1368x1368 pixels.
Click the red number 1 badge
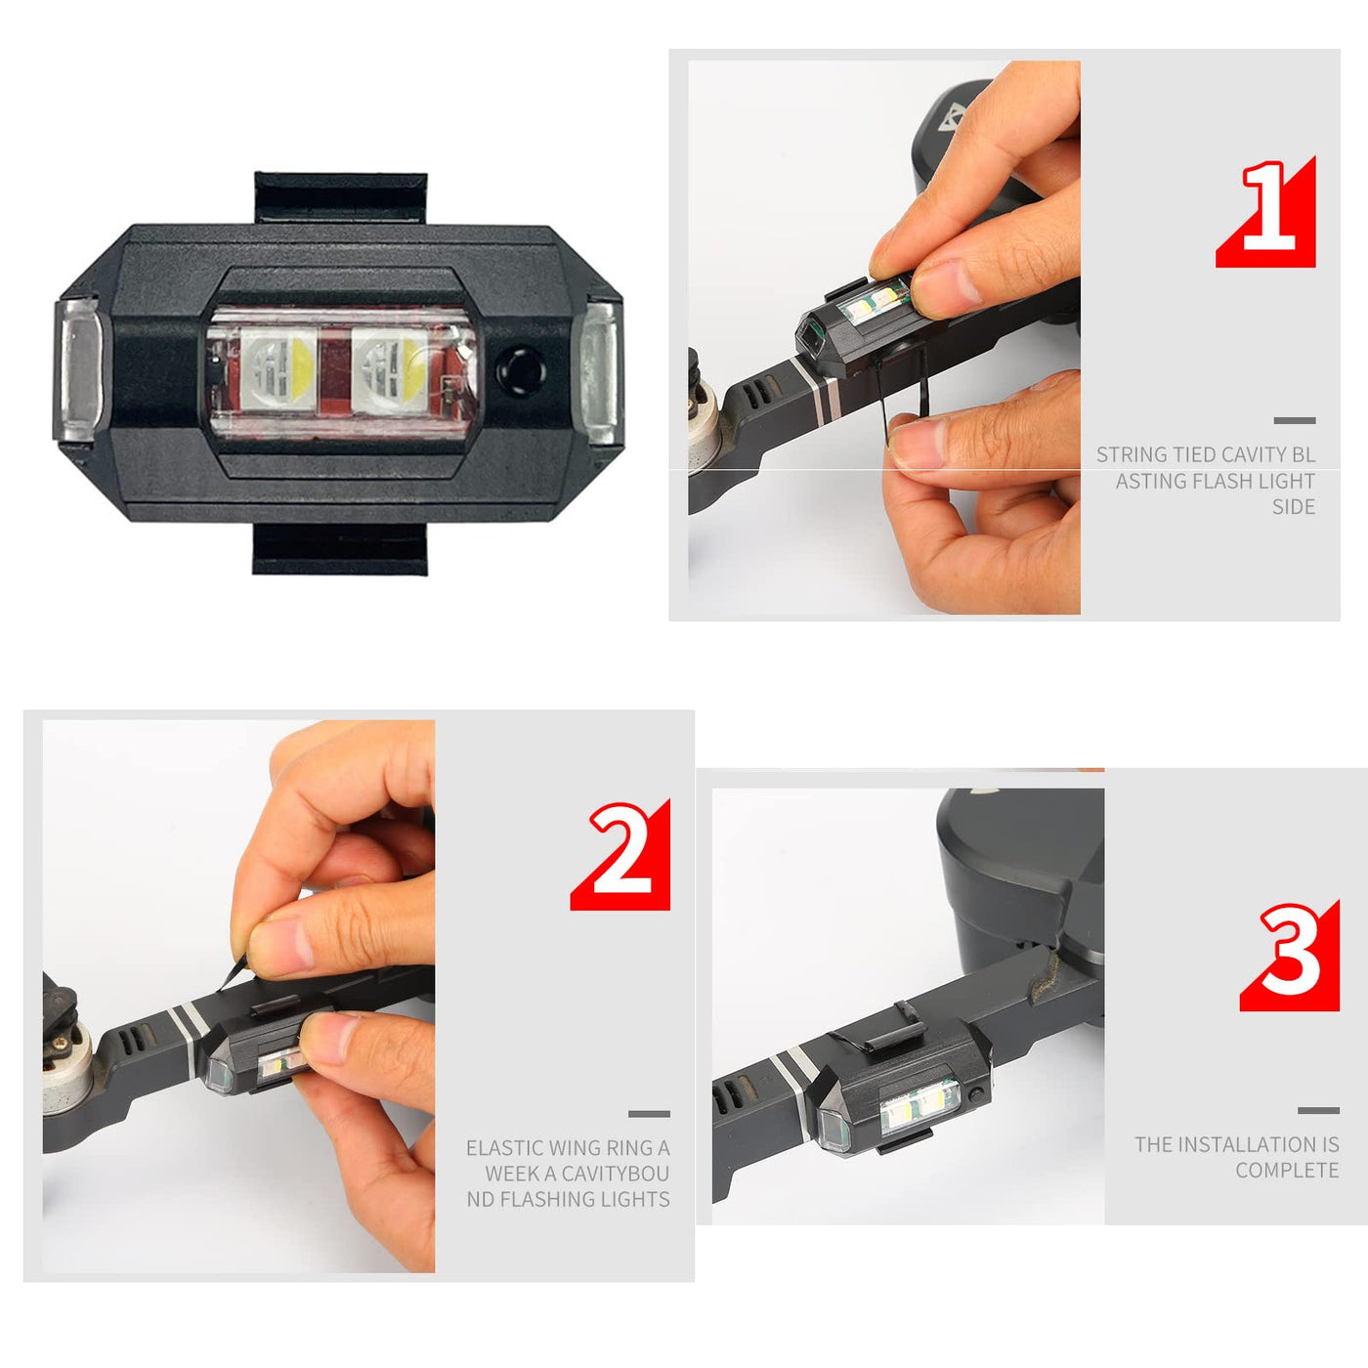[x=1267, y=213]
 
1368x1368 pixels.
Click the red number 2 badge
[x=622, y=855]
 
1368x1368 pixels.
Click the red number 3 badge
[x=1291, y=955]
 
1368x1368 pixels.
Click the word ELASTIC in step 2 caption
[x=503, y=1148]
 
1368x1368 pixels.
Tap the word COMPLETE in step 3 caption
[x=1287, y=1171]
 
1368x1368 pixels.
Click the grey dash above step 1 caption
[x=1295, y=420]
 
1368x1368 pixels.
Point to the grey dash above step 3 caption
[x=1318, y=1110]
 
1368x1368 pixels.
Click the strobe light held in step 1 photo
[x=855, y=327]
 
